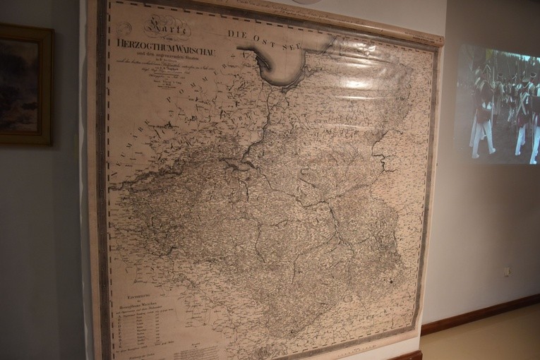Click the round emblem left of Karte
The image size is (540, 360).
[x=125, y=29]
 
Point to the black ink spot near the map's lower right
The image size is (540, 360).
[x=389, y=282]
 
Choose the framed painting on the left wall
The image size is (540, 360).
[x=25, y=85]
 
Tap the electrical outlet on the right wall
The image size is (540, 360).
[x=507, y=270]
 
